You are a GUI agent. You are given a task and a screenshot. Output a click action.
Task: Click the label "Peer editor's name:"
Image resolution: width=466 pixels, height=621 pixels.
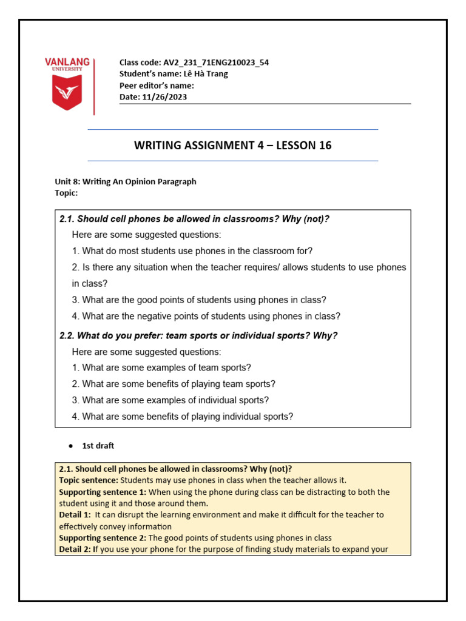click(x=157, y=86)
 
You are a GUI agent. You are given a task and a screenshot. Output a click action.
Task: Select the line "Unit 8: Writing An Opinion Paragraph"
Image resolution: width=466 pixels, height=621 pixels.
click(x=126, y=181)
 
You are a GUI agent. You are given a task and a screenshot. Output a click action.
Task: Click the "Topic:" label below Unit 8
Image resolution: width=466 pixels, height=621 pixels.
click(x=66, y=192)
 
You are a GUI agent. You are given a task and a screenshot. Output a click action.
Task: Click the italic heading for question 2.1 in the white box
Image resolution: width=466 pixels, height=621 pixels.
click(x=194, y=219)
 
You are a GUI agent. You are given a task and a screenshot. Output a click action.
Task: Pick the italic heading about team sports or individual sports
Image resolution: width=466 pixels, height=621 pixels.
click(x=198, y=335)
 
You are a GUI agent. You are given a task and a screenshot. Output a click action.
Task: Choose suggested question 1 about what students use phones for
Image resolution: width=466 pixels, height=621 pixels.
click(x=192, y=250)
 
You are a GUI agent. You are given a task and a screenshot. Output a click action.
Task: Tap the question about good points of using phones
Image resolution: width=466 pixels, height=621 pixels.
click(x=199, y=300)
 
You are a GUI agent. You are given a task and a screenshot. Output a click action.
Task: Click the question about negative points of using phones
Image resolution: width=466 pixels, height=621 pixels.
click(x=206, y=316)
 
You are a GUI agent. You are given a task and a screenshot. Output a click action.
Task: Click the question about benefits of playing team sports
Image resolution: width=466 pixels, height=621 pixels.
click(x=174, y=384)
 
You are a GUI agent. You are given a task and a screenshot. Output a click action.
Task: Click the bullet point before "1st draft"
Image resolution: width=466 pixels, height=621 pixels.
click(x=70, y=446)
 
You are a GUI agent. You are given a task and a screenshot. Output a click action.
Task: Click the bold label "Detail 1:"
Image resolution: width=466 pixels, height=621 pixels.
click(x=74, y=514)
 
